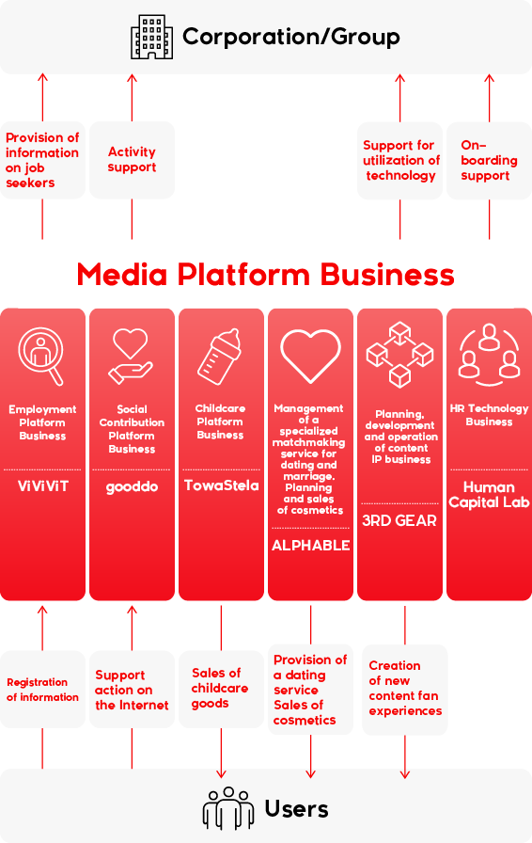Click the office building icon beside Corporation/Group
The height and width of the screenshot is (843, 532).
click(x=152, y=37)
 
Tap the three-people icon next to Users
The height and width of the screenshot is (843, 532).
click(x=228, y=808)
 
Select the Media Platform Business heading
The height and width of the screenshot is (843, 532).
click(x=265, y=274)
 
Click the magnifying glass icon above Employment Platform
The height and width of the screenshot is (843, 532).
click(x=41, y=356)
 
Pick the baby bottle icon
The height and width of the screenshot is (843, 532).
click(x=219, y=356)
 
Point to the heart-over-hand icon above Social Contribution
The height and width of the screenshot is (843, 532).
click(x=131, y=357)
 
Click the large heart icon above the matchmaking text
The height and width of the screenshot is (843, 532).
click(x=310, y=356)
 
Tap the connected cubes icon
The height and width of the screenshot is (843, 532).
click(x=399, y=355)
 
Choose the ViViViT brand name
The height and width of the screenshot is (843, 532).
click(x=43, y=486)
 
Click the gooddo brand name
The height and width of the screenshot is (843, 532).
click(x=132, y=487)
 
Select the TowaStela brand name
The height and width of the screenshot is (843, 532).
click(x=222, y=485)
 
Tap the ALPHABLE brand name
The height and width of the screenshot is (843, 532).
click(x=310, y=545)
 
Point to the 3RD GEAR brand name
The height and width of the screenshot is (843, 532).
click(x=399, y=520)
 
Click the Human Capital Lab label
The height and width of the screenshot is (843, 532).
click(x=489, y=495)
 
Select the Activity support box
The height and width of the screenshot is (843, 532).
click(x=132, y=160)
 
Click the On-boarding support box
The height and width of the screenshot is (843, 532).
click(x=489, y=161)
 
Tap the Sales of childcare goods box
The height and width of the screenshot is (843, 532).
click(x=221, y=690)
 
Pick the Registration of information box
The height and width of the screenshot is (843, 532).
click(x=42, y=690)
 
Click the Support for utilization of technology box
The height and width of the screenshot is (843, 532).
click(x=399, y=161)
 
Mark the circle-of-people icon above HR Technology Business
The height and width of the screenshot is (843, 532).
click(x=489, y=355)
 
